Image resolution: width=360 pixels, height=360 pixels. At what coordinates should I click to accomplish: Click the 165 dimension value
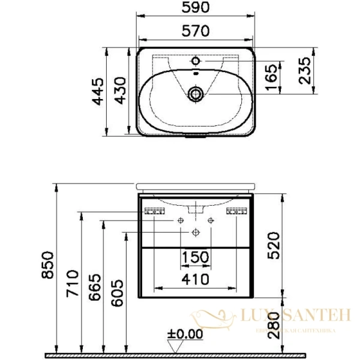(x=272, y=77)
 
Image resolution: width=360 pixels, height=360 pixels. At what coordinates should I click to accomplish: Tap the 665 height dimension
(x=94, y=291)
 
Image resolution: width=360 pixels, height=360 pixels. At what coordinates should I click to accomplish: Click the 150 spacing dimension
(x=196, y=257)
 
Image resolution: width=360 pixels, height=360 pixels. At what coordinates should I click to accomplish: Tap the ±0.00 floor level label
(x=185, y=333)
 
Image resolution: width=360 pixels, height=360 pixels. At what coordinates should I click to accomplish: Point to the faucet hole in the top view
(x=196, y=61)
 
